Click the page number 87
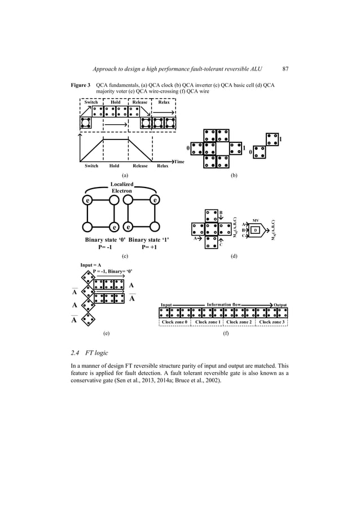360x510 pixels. (285, 69)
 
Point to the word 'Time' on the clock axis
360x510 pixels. (179, 162)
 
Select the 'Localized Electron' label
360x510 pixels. (122, 188)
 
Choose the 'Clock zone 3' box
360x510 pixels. (272, 322)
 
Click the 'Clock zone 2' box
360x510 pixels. (240, 322)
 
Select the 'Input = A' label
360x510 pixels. (91, 264)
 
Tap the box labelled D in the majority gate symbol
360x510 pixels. (255, 230)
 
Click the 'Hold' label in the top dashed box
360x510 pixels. (115, 103)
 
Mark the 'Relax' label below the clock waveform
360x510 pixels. (163, 166)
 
